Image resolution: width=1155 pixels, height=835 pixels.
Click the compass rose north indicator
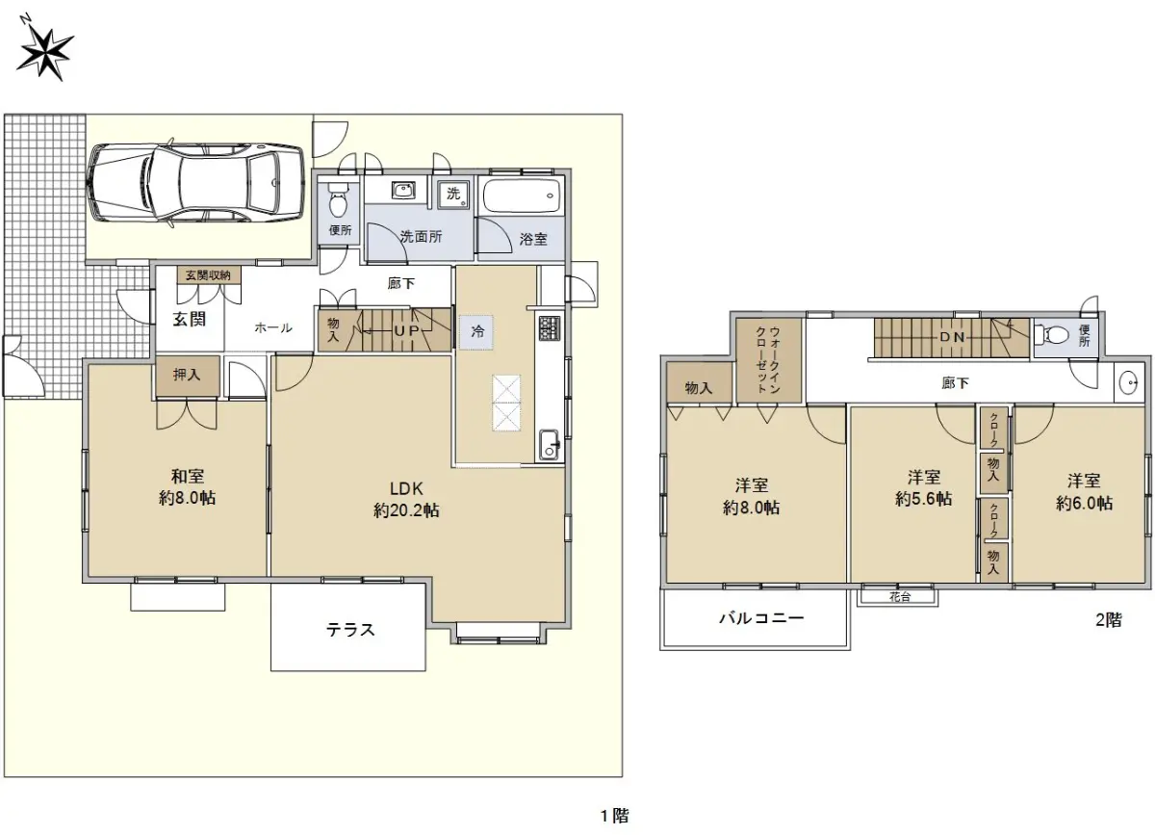pyautogui.click(x=44, y=51)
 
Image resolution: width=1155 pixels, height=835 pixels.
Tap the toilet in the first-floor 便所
pyautogui.click(x=339, y=200)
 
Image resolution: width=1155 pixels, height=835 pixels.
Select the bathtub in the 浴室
pyautogui.click(x=522, y=196)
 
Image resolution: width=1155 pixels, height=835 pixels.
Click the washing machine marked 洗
pyautogui.click(x=454, y=194)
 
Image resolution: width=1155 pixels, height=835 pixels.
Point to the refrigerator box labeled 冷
pyautogui.click(x=475, y=332)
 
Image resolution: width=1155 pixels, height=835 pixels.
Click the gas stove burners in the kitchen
pyautogui.click(x=550, y=327)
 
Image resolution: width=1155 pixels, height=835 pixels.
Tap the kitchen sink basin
pyautogui.click(x=550, y=445)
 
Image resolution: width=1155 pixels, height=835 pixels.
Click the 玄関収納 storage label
pyautogui.click(x=208, y=275)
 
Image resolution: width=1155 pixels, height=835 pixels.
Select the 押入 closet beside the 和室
pyautogui.click(x=188, y=377)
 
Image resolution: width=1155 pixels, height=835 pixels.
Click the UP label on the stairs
pyautogui.click(x=406, y=330)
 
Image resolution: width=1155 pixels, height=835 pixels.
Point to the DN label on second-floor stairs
pyautogui.click(x=952, y=337)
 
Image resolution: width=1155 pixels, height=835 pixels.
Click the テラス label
pyautogui.click(x=350, y=630)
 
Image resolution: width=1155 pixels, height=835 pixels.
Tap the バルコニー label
pyautogui.click(x=761, y=617)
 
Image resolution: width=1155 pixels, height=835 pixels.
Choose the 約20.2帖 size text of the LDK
pyautogui.click(x=406, y=510)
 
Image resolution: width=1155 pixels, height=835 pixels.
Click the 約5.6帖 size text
pyautogui.click(x=923, y=499)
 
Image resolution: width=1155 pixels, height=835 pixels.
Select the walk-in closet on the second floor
pyautogui.click(x=768, y=359)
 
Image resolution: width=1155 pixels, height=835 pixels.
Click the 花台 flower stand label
pyautogui.click(x=900, y=596)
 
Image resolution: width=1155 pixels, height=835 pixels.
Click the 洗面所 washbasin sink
pyautogui.click(x=402, y=191)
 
